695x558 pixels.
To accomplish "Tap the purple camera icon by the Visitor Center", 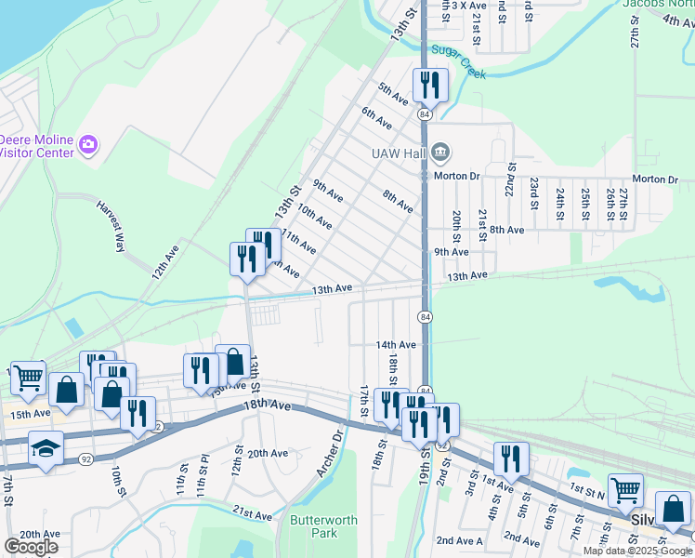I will (88, 144).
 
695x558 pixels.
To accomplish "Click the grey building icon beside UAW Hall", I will (440, 151).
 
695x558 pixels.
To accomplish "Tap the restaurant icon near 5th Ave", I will (431, 86).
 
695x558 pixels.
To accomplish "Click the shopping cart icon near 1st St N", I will (626, 489).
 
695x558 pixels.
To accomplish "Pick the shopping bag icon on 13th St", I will (233, 363).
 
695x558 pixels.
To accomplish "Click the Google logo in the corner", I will (31, 547).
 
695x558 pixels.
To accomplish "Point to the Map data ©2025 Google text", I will (638, 551).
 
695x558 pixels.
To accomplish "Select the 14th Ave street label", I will (396, 344).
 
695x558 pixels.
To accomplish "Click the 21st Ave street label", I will (252, 514).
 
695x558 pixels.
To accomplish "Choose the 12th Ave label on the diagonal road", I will (165, 263).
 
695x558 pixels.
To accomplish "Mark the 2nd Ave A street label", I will (459, 540).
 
